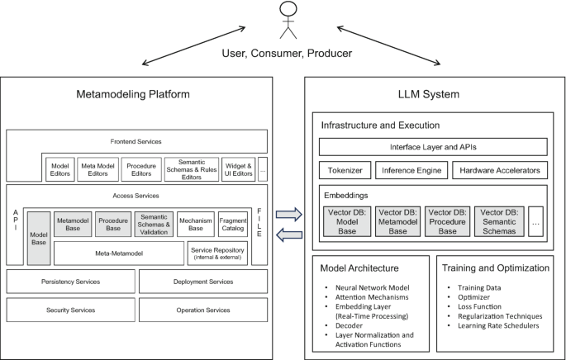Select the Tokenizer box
tap(345, 170)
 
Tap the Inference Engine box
tap(411, 170)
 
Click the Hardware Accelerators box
tap(500, 170)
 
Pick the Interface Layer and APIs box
tap(433, 146)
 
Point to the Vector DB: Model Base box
tap(345, 221)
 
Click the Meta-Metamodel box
tap(119, 253)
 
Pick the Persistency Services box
tap(69, 282)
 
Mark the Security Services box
tap(69, 310)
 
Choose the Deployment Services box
tap(202, 282)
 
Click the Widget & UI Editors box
tap(238, 168)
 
